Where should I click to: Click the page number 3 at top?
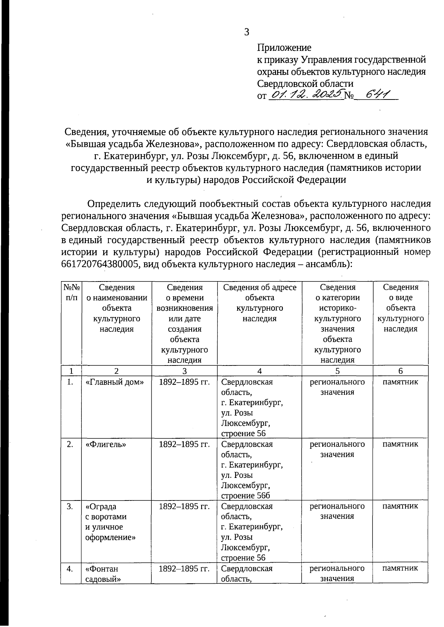pos(246,32)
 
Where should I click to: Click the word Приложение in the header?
pos(284,48)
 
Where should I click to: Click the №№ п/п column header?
pos(71,292)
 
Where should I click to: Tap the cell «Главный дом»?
pos(115,382)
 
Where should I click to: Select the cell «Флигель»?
pos(106,444)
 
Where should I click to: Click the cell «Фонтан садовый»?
pos(103,574)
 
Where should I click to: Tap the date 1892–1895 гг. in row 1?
pos(184,382)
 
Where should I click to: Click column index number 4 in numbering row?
pos(259,371)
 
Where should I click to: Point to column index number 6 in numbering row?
pos(400,371)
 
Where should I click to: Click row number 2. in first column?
pos(70,444)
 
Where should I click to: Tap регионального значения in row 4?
pos(337,573)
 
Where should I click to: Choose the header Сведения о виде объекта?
pos(400,308)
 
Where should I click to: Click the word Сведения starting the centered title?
pos(86,132)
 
